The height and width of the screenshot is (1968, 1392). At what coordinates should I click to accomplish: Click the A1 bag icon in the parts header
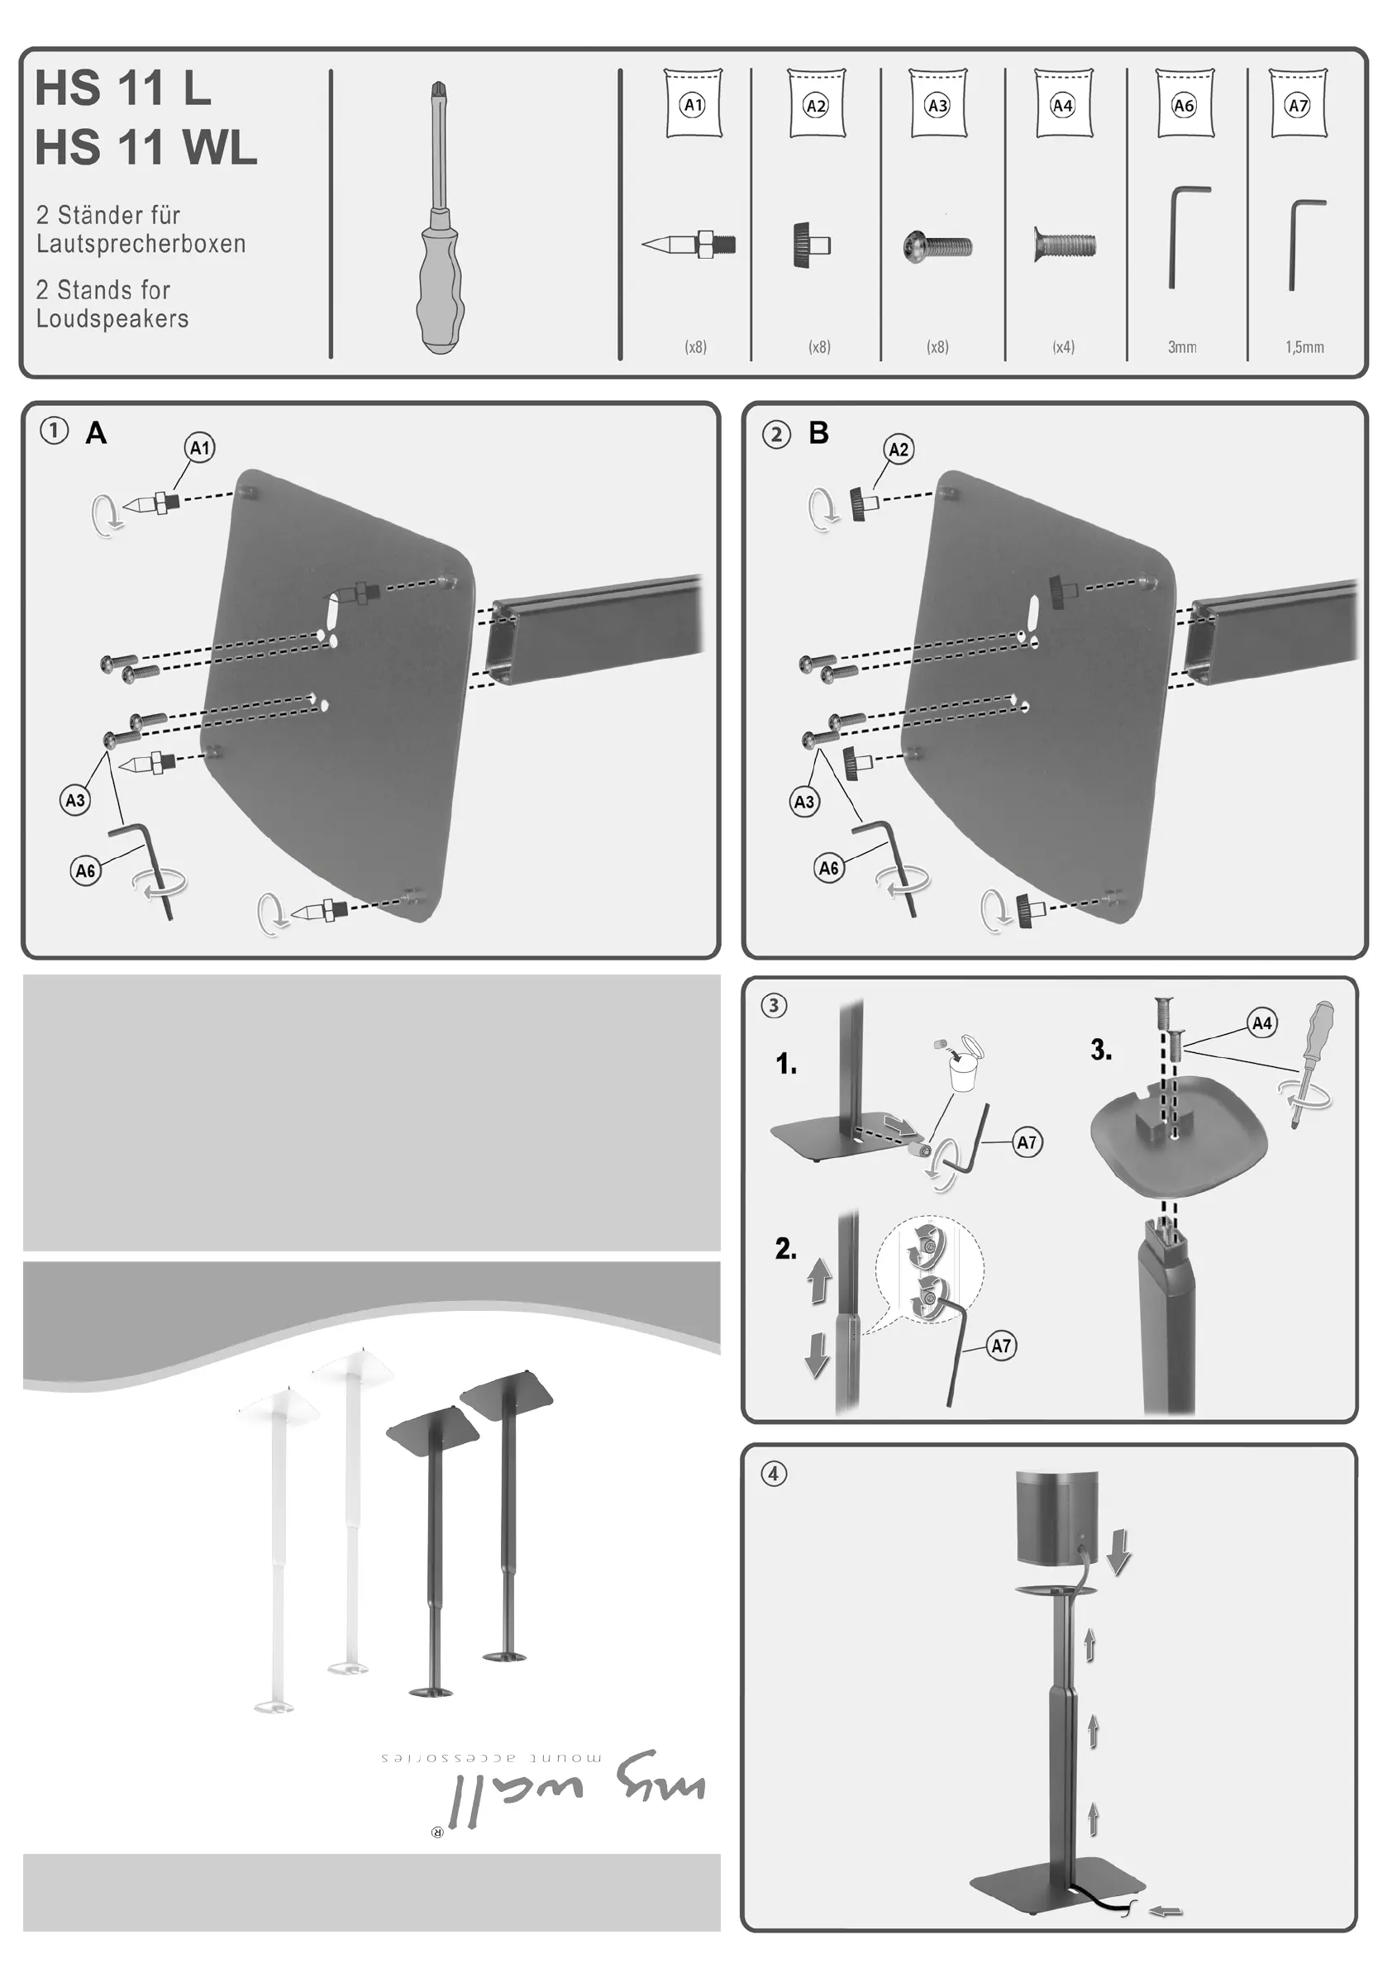tap(693, 103)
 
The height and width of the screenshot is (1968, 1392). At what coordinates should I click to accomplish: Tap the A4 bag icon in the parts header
tap(1063, 103)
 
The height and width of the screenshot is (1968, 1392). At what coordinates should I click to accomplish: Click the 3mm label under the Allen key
tap(1182, 347)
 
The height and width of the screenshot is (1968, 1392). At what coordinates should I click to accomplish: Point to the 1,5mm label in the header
tap(1304, 347)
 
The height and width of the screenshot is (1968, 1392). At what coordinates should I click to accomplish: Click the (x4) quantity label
tap(1063, 347)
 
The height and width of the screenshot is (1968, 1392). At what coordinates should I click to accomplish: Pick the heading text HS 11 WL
tap(145, 147)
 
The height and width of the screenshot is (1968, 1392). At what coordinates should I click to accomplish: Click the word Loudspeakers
tap(112, 319)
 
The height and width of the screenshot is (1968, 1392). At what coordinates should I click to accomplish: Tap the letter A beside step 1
tap(96, 433)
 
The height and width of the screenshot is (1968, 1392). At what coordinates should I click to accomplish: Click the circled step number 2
tap(776, 435)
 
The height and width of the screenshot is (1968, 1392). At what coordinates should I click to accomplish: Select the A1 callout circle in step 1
tap(200, 447)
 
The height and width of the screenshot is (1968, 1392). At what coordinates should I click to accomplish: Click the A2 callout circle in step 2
tap(899, 449)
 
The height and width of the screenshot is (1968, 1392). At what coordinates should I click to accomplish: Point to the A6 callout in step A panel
tap(86, 871)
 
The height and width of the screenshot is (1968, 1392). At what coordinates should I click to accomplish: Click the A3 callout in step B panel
tap(804, 802)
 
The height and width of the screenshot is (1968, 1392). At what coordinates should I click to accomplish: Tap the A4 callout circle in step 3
tap(1261, 1022)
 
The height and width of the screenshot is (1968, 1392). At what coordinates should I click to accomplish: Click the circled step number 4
tap(774, 1474)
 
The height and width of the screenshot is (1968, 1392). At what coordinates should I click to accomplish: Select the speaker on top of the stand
tap(1056, 1518)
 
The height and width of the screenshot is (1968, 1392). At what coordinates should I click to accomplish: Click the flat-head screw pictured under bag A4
tap(1065, 246)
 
